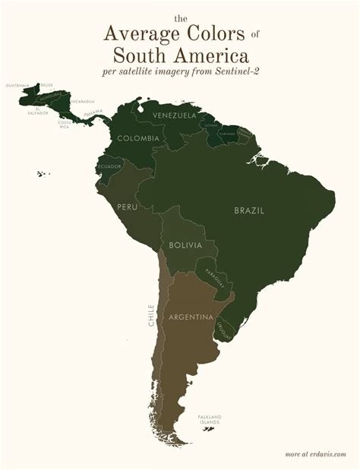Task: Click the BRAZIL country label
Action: point(249,210)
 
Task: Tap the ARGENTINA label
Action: point(190,317)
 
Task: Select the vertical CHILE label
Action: point(152,315)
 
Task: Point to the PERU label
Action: point(127,207)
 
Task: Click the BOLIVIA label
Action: point(186,245)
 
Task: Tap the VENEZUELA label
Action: point(175,115)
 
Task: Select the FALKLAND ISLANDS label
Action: point(210,419)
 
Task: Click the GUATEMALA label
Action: point(17,86)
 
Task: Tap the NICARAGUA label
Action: point(83,101)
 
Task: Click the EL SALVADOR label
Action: point(41,112)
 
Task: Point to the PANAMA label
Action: point(93,112)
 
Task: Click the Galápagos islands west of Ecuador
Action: point(42,174)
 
